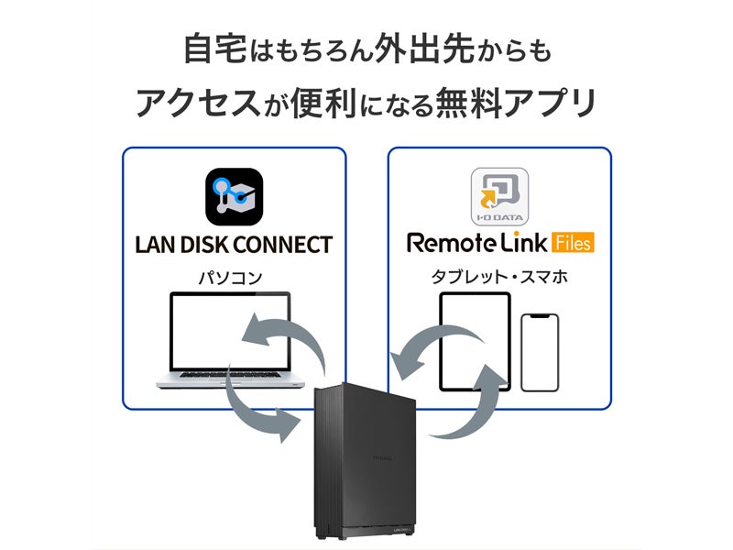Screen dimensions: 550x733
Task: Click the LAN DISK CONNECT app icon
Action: (234, 197)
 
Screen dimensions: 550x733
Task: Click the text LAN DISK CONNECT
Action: (234, 245)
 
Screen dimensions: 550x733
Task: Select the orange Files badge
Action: (572, 244)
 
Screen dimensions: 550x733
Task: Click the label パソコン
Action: (233, 276)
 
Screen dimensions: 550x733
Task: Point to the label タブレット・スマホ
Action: (500, 276)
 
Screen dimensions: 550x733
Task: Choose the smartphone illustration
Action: (539, 353)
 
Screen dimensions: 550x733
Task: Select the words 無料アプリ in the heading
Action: (514, 104)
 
